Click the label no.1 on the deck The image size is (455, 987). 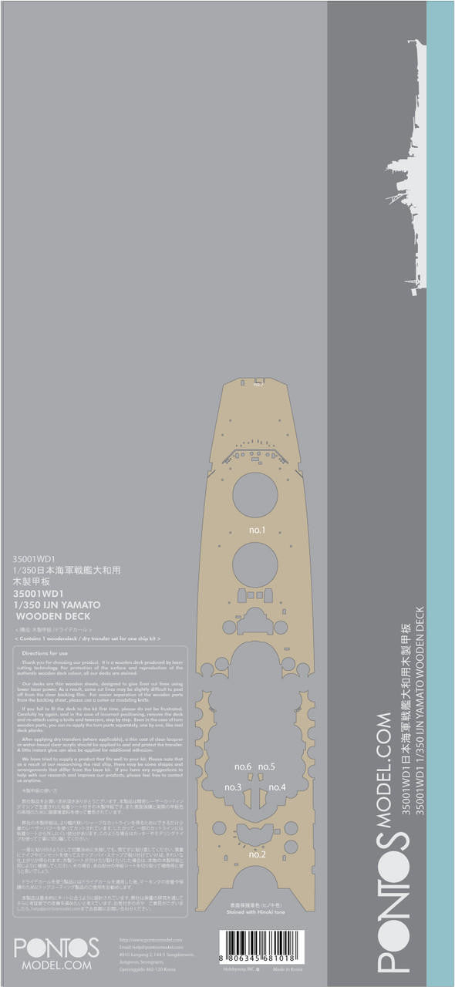coord(257,531)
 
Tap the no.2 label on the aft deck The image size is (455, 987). coord(257,855)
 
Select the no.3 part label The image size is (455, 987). coord(233,787)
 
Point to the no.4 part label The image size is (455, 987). coord(278,787)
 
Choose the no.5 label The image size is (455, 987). coord(266,766)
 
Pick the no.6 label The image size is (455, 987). coord(243,766)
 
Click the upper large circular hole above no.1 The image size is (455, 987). coord(255,495)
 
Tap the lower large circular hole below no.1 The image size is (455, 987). coord(255,564)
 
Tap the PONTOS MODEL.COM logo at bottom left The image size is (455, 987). coord(56,953)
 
